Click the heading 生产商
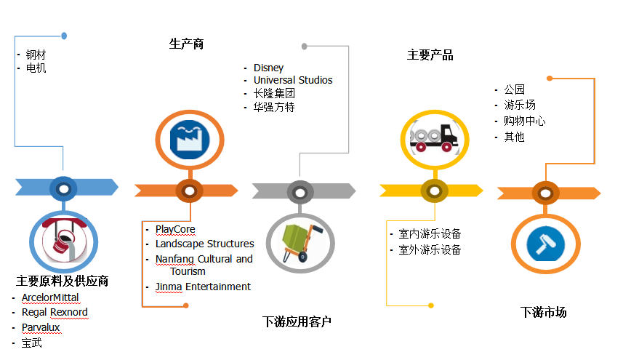pyautogui.click(x=186, y=44)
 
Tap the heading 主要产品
pyautogui.click(x=430, y=55)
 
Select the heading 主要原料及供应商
pyautogui.click(x=63, y=281)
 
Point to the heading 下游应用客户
pyautogui.click(x=297, y=321)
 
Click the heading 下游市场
pyautogui.click(x=543, y=312)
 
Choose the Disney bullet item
pyautogui.click(x=268, y=68)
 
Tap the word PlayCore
pyautogui.click(x=175, y=230)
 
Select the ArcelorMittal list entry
pyautogui.click(x=50, y=297)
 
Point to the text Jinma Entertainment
pyautogui.click(x=203, y=287)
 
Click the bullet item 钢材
pyautogui.click(x=36, y=55)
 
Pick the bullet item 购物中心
pyautogui.click(x=524, y=121)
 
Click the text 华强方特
pyautogui.click(x=274, y=107)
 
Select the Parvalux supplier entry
pyautogui.click(x=41, y=327)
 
